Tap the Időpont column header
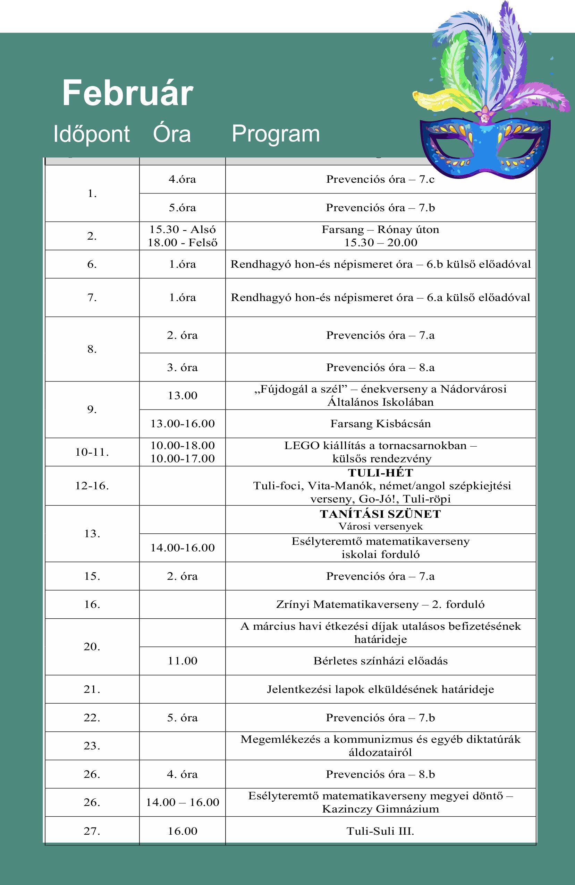click(92, 134)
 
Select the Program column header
click(276, 134)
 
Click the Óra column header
click(171, 134)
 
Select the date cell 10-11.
click(92, 452)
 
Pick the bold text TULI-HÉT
click(380, 473)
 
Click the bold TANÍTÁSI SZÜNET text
click(380, 514)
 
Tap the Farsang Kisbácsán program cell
click(380, 424)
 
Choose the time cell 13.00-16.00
click(183, 424)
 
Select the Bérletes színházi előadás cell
click(380, 661)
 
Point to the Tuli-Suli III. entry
click(380, 831)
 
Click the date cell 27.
click(92, 831)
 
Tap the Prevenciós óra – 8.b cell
click(380, 774)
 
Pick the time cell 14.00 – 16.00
click(183, 802)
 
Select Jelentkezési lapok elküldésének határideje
click(380, 689)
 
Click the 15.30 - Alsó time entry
click(183, 230)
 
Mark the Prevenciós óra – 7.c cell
click(380, 179)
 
